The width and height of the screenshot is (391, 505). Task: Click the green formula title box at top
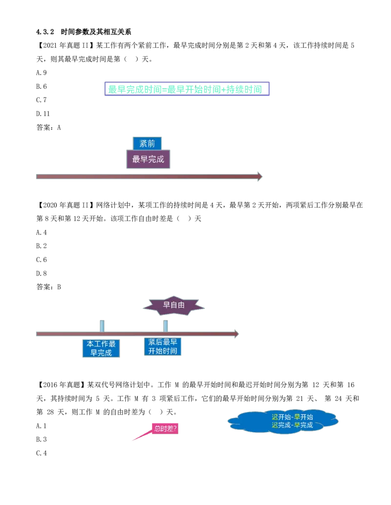coord(186,89)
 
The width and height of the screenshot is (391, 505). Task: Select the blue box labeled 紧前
coord(147,143)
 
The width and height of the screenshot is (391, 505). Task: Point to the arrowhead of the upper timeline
coord(259,176)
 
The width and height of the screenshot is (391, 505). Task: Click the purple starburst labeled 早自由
coord(174,305)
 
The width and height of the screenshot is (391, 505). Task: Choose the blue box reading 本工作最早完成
coord(101,348)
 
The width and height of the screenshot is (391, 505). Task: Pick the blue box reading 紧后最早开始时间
coord(162,347)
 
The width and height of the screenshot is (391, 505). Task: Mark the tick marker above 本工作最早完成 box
coord(102,324)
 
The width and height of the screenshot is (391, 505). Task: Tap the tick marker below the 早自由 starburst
coord(165,324)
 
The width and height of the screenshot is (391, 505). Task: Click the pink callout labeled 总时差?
coord(165,429)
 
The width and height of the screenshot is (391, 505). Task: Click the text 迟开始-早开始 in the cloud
coord(292,417)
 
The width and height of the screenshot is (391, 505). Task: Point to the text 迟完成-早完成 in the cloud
coord(292,425)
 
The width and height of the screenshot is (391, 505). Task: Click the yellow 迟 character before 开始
coord(275,417)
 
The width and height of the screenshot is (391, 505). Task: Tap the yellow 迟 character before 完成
coord(275,425)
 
